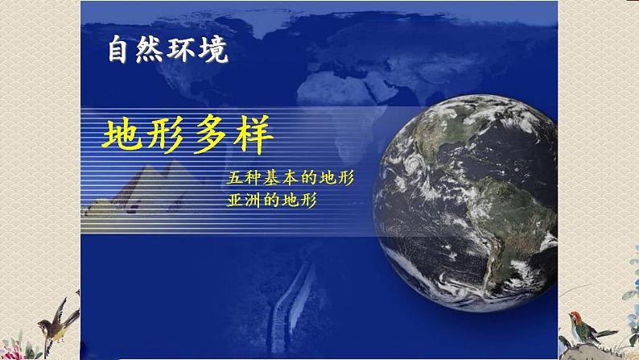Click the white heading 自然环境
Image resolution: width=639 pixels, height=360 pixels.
coord(168,52)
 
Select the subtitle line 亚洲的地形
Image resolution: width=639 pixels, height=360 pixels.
coord(270,200)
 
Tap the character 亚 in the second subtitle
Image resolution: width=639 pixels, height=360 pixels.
coord(236,200)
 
